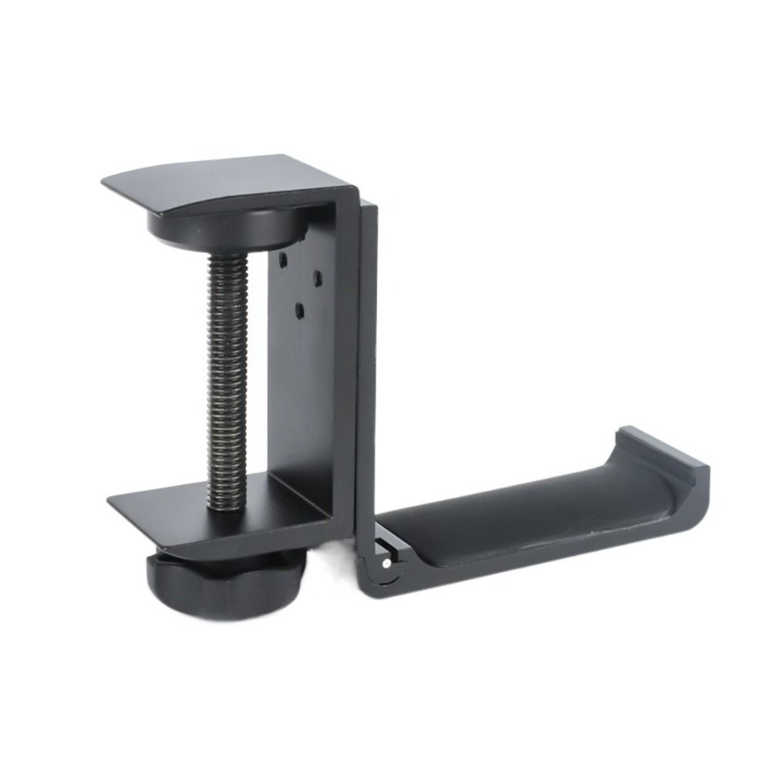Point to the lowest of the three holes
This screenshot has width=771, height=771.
pyautogui.click(x=299, y=311)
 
